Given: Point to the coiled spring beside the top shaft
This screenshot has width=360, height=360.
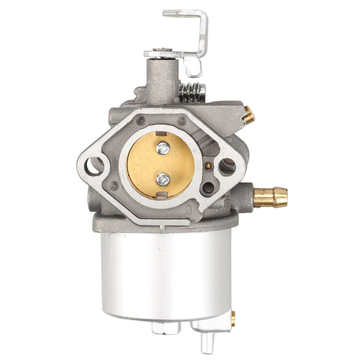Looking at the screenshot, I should pos(193,94).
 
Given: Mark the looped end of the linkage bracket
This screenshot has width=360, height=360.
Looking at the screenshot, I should pos(194,67).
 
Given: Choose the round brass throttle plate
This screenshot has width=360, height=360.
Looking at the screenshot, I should pos(161,165).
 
